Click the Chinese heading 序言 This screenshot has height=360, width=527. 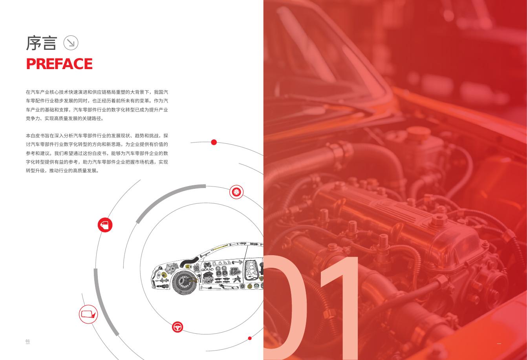(41, 43)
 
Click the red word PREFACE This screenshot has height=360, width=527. (59, 64)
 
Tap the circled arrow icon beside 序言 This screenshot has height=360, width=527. (71, 43)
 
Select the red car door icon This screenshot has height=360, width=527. (105, 225)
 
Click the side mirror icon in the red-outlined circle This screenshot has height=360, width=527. (88, 314)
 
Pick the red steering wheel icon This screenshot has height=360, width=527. (177, 327)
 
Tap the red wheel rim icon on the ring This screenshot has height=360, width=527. (236, 192)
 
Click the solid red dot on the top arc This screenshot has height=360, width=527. (214, 142)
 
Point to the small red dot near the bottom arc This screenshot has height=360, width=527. (250, 338)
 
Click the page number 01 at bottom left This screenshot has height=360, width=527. (28, 341)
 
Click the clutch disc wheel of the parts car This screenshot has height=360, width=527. (185, 282)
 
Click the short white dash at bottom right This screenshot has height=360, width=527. (499, 344)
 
